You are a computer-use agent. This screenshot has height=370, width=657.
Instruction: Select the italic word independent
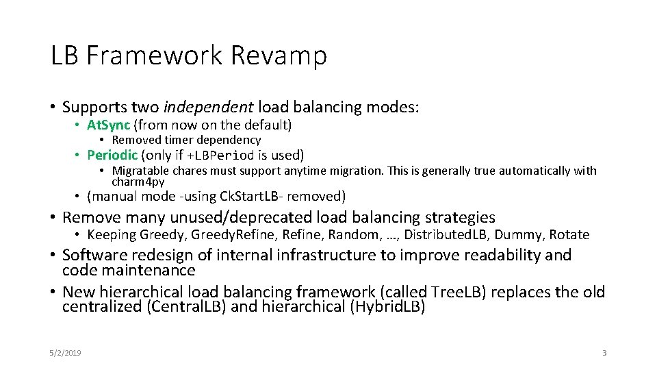(209, 107)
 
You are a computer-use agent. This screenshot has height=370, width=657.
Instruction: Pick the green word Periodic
(112, 155)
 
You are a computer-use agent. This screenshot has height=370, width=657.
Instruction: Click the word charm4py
(138, 182)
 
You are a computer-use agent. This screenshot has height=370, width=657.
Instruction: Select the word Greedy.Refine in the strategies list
(231, 235)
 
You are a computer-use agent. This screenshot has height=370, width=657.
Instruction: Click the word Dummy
(516, 235)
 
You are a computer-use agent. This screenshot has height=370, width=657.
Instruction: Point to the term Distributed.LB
(446, 235)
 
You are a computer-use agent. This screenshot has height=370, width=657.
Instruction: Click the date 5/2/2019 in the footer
(65, 353)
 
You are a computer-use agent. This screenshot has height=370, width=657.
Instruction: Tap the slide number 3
(604, 353)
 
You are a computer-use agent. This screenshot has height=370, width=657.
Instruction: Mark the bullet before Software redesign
(53, 256)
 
